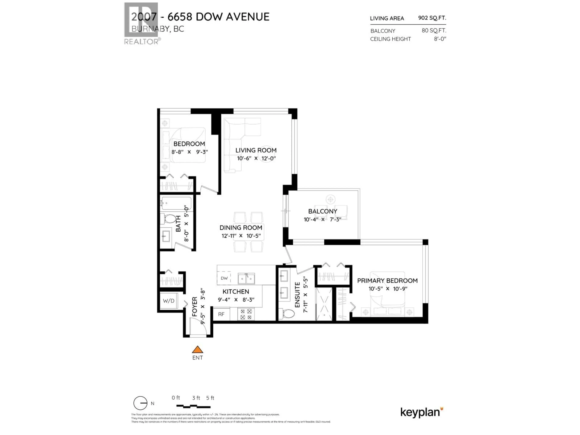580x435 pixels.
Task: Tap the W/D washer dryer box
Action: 169,301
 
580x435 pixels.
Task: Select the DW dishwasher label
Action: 224,278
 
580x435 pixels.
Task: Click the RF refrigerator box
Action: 221,314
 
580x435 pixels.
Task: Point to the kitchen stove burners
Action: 246,314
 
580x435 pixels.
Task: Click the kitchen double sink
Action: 246,279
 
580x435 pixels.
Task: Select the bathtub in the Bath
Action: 176,203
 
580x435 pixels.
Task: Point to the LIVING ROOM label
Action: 256,150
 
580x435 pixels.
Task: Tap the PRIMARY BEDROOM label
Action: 387,281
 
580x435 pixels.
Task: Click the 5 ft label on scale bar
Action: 210,398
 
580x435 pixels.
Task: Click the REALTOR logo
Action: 141,24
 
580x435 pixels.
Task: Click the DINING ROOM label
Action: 241,228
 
